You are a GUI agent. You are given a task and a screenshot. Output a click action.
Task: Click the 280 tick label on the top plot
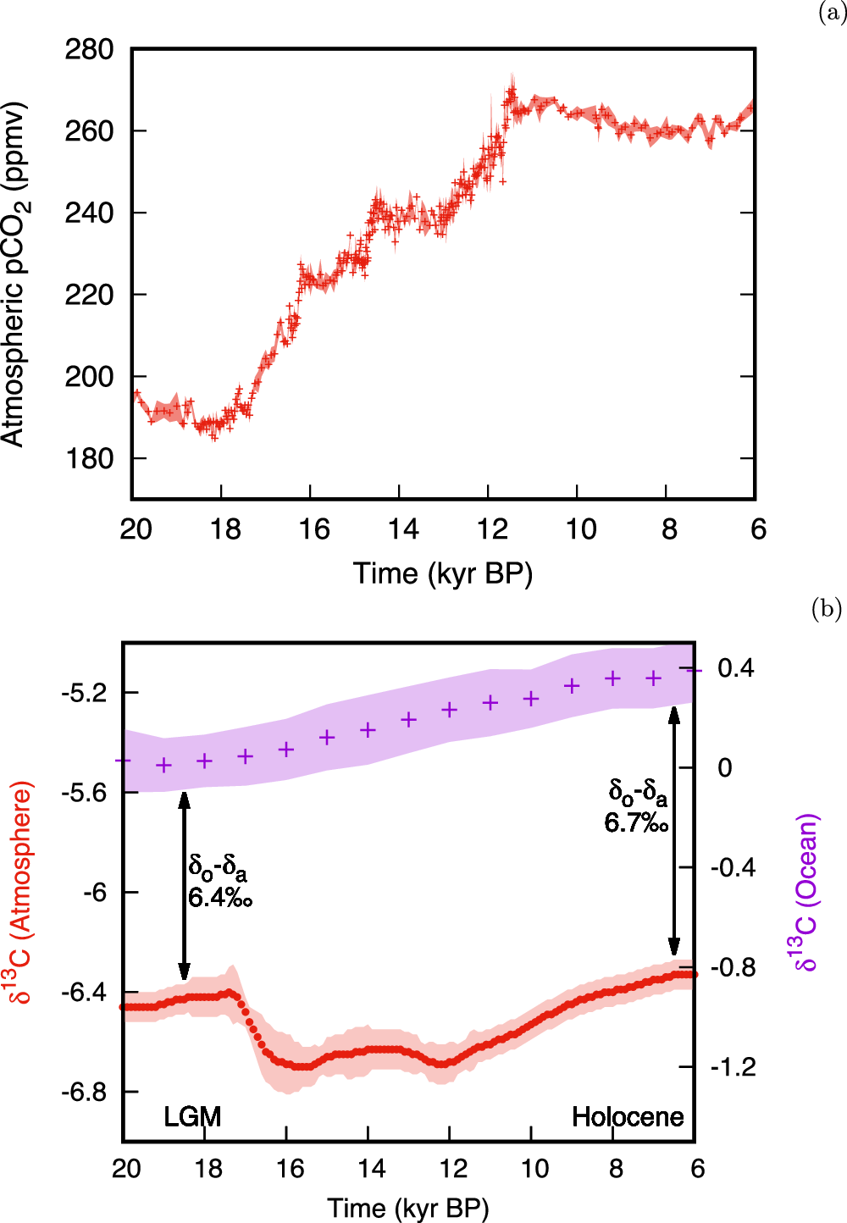pyautogui.click(x=89, y=50)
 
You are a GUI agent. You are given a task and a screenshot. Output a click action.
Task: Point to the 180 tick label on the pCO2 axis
pyautogui.click(x=89, y=458)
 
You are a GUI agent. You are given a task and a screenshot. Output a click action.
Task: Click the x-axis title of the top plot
pyautogui.click(x=443, y=573)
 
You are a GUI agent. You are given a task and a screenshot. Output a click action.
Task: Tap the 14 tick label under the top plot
pyautogui.click(x=403, y=529)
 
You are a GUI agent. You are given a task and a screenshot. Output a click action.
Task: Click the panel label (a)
pyautogui.click(x=831, y=13)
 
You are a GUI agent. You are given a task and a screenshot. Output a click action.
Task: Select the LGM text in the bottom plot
pyautogui.click(x=192, y=1116)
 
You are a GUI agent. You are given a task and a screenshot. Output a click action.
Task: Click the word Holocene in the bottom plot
pyautogui.click(x=628, y=1116)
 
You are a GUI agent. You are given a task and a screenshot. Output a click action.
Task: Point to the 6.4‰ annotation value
pyautogui.click(x=220, y=897)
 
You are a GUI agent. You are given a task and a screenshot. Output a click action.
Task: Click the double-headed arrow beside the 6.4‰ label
pyautogui.click(x=184, y=885)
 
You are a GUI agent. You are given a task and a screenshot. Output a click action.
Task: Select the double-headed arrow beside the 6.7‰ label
pyautogui.click(x=674, y=830)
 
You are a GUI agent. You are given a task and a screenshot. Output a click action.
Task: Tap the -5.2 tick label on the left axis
pyautogui.click(x=84, y=693)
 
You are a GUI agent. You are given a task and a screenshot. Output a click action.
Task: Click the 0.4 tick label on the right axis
pyautogui.click(x=735, y=668)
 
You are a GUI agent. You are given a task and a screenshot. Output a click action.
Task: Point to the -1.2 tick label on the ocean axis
pyautogui.click(x=733, y=1067)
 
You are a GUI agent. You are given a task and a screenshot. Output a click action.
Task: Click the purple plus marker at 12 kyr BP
pyautogui.click(x=450, y=710)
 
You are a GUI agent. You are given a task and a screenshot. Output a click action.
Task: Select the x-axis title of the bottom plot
pyautogui.click(x=408, y=1208)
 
